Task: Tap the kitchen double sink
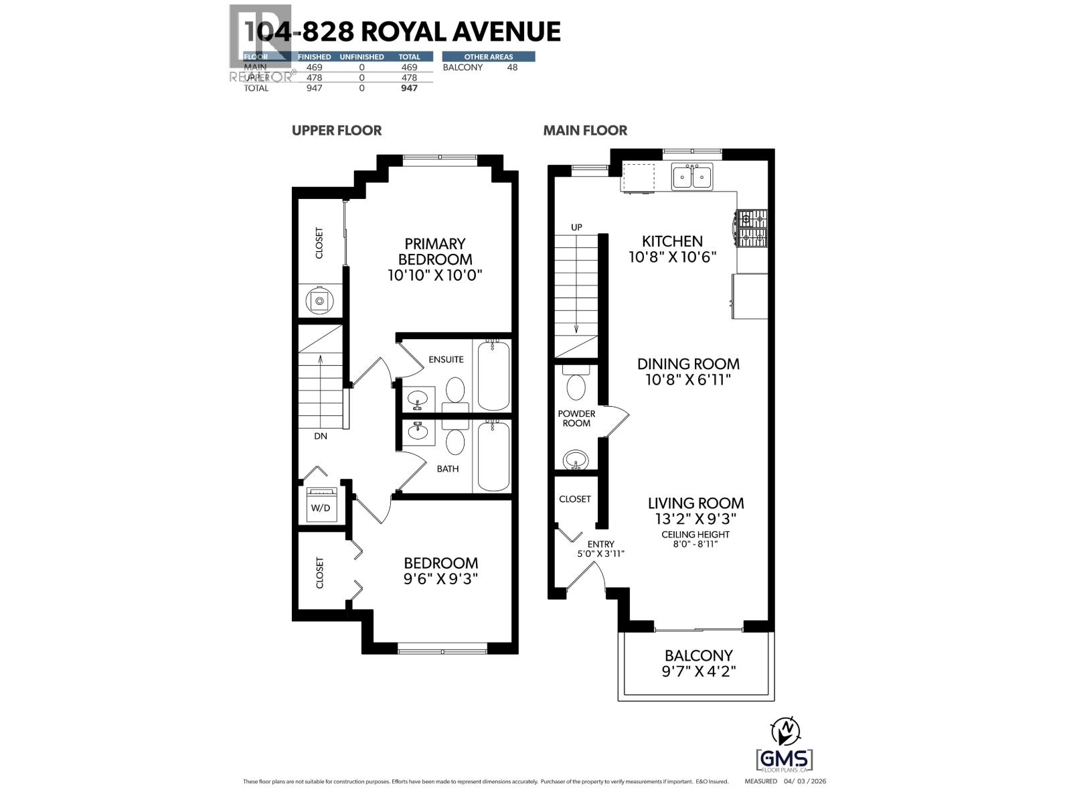692,177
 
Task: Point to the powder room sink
576,460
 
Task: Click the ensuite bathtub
493,375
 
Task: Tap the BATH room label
448,468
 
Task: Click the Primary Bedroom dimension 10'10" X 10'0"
434,275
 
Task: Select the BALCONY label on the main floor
698,655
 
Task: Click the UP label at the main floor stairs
576,227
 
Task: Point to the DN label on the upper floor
321,435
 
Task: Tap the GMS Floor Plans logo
785,760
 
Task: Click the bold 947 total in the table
408,88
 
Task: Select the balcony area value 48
512,67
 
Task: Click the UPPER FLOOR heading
337,130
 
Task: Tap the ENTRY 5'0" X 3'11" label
600,549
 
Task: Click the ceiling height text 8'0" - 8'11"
695,543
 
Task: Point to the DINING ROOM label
688,364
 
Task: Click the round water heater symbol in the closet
320,301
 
